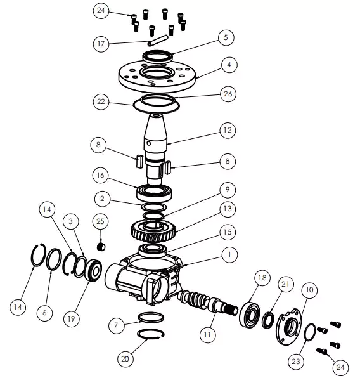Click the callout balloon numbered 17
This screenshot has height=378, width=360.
tap(101, 44)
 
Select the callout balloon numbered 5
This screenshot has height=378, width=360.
tap(226, 37)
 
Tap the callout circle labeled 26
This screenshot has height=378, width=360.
tap(228, 94)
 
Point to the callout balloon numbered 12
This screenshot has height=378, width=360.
tap(228, 130)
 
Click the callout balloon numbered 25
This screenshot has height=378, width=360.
tap(101, 221)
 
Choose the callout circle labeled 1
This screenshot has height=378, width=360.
tap(229, 254)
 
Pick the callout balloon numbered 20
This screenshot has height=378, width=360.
tap(125, 359)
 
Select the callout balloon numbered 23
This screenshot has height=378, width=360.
tap(296, 361)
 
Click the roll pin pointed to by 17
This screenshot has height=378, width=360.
tap(158, 41)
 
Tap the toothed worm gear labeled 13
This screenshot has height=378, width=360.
tap(153, 231)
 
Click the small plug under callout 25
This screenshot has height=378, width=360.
tap(101, 247)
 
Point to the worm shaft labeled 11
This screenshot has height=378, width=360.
tap(208, 303)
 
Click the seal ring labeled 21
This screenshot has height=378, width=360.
tap(268, 320)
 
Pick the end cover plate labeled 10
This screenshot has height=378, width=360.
tap(288, 327)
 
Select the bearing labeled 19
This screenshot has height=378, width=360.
tap(94, 270)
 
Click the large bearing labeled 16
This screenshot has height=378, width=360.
tap(154, 192)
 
